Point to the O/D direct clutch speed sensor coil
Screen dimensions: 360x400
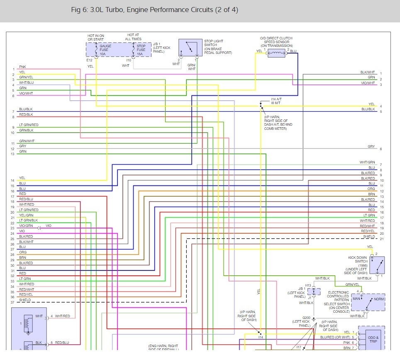click(276, 52)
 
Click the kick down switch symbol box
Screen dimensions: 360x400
click(377, 265)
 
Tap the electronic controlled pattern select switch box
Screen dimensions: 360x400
click(368, 302)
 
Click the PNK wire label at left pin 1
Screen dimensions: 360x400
click(22, 67)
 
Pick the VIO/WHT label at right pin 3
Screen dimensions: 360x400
click(368, 83)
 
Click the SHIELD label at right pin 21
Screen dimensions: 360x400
click(369, 236)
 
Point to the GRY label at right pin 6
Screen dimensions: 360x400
click(371, 146)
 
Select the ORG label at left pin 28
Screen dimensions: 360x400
click(23, 252)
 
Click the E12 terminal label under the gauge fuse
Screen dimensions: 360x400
click(89, 60)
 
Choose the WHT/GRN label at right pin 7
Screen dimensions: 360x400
click(367, 163)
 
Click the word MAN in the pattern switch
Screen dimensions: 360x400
click(356, 298)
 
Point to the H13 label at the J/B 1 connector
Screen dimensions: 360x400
click(308, 285)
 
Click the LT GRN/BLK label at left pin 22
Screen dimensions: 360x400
click(29, 220)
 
